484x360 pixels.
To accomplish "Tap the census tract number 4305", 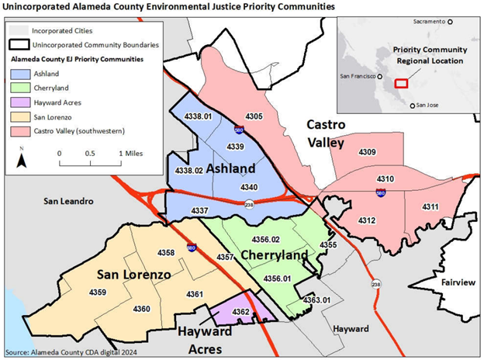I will (x=255, y=116).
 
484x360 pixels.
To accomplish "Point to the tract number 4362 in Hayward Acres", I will (x=240, y=312).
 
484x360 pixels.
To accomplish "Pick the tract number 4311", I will (x=430, y=206).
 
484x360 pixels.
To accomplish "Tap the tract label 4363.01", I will (x=316, y=299).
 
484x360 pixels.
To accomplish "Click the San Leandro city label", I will (x=67, y=201).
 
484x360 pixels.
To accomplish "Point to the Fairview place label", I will (x=458, y=283).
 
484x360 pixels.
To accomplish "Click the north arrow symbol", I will (x=22, y=160).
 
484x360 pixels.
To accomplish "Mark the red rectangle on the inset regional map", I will (x=401, y=82).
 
